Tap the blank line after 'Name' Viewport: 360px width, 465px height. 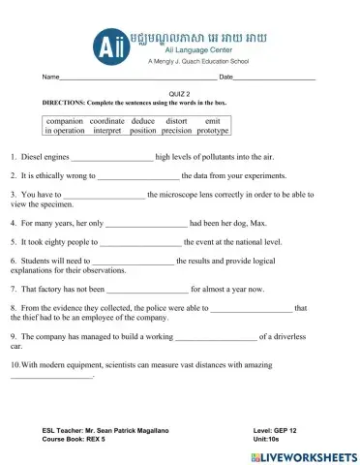[x=135, y=77]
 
